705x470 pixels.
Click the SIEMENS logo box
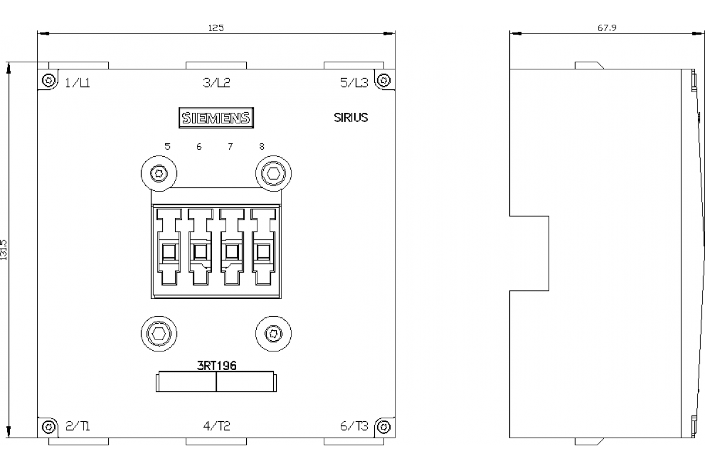point(216,117)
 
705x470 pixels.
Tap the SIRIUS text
point(351,117)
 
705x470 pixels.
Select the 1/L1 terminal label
point(78,83)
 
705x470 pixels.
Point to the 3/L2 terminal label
point(217,83)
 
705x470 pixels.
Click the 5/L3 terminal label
point(354,83)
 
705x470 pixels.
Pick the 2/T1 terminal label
point(78,426)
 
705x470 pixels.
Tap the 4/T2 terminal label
point(217,426)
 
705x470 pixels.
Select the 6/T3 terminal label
point(354,426)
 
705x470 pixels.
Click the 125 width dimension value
point(216,28)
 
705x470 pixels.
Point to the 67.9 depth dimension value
point(607,28)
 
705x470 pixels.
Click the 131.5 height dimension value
point(4,250)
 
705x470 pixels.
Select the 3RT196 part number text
point(217,366)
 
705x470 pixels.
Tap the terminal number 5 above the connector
point(167,146)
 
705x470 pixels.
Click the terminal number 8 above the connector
point(261,146)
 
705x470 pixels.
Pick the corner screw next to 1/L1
point(48,80)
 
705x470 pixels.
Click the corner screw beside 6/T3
point(384,427)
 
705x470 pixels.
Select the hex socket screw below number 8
point(274,173)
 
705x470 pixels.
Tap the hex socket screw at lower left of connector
point(159,334)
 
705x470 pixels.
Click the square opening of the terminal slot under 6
point(200,252)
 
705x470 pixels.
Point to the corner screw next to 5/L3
point(384,80)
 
